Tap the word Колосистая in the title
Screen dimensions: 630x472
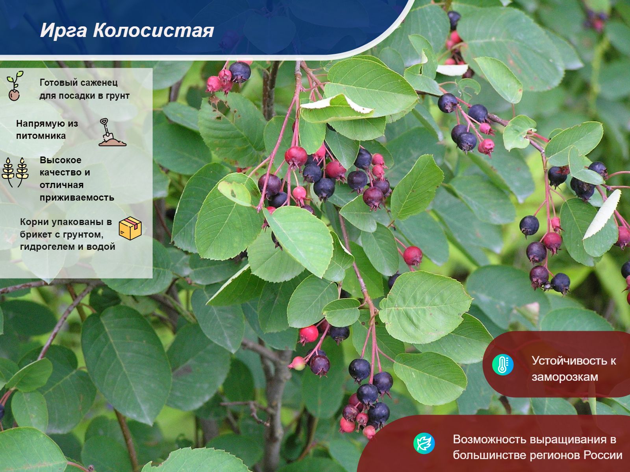(153, 30)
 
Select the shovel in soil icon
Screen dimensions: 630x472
(112, 133)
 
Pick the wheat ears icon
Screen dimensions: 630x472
(15, 172)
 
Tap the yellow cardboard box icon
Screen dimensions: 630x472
(130, 228)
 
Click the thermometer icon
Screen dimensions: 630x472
(503, 365)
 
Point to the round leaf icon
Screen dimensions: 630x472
(424, 443)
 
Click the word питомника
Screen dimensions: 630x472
(41, 136)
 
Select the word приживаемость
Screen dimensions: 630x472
(77, 197)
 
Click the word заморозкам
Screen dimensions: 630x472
(565, 377)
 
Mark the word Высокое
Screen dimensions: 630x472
(61, 160)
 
